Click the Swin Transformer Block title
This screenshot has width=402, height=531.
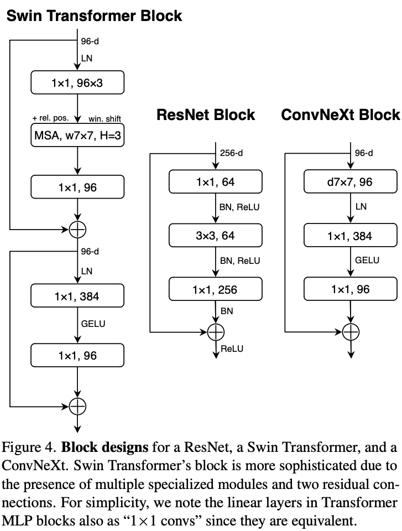(x=94, y=15)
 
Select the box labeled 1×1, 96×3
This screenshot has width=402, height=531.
(x=78, y=83)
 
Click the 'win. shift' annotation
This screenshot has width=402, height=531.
(x=105, y=118)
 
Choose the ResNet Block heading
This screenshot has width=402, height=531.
(x=206, y=115)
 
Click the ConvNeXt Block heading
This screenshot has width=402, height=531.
(x=340, y=115)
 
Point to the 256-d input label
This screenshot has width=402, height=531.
(x=231, y=153)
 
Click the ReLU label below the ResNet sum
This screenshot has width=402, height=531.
(x=232, y=348)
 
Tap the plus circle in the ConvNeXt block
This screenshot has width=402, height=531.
(x=351, y=332)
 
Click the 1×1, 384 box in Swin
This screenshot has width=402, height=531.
(x=78, y=296)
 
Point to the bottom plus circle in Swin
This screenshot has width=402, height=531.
(x=78, y=407)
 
